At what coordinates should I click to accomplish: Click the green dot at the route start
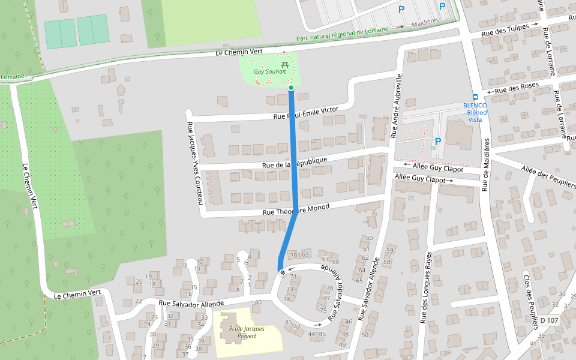(x=291, y=88)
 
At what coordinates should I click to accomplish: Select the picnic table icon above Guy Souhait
(x=284, y=63)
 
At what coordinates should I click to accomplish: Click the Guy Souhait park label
(x=269, y=71)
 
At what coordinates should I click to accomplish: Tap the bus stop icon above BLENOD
(x=475, y=97)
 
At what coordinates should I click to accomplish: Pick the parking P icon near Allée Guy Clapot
(x=437, y=141)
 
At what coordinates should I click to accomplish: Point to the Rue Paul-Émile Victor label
(x=305, y=113)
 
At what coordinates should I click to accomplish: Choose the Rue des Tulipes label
(x=505, y=30)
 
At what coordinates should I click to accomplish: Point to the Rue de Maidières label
(x=487, y=165)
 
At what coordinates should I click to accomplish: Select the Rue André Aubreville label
(x=396, y=106)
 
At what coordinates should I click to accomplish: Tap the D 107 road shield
(x=549, y=320)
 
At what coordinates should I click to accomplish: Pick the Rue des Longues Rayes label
(x=427, y=287)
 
